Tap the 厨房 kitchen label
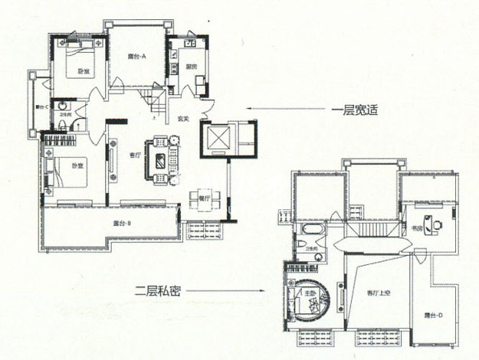coord(191,67)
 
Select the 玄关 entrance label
coord(183,119)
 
